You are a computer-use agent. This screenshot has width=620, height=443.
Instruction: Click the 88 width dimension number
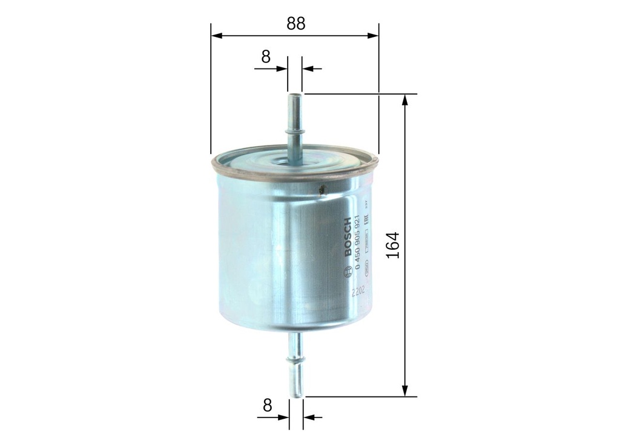click(296, 24)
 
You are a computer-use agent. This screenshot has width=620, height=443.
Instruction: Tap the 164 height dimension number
click(394, 245)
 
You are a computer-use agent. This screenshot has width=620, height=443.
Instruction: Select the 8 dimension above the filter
click(266, 57)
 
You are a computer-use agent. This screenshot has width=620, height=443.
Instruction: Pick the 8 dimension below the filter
click(267, 405)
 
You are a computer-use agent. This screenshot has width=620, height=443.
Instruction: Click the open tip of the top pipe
click(295, 95)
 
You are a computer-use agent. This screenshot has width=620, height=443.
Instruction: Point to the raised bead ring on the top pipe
click(295, 130)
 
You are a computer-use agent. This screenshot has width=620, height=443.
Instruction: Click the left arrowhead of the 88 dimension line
click(216, 36)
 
